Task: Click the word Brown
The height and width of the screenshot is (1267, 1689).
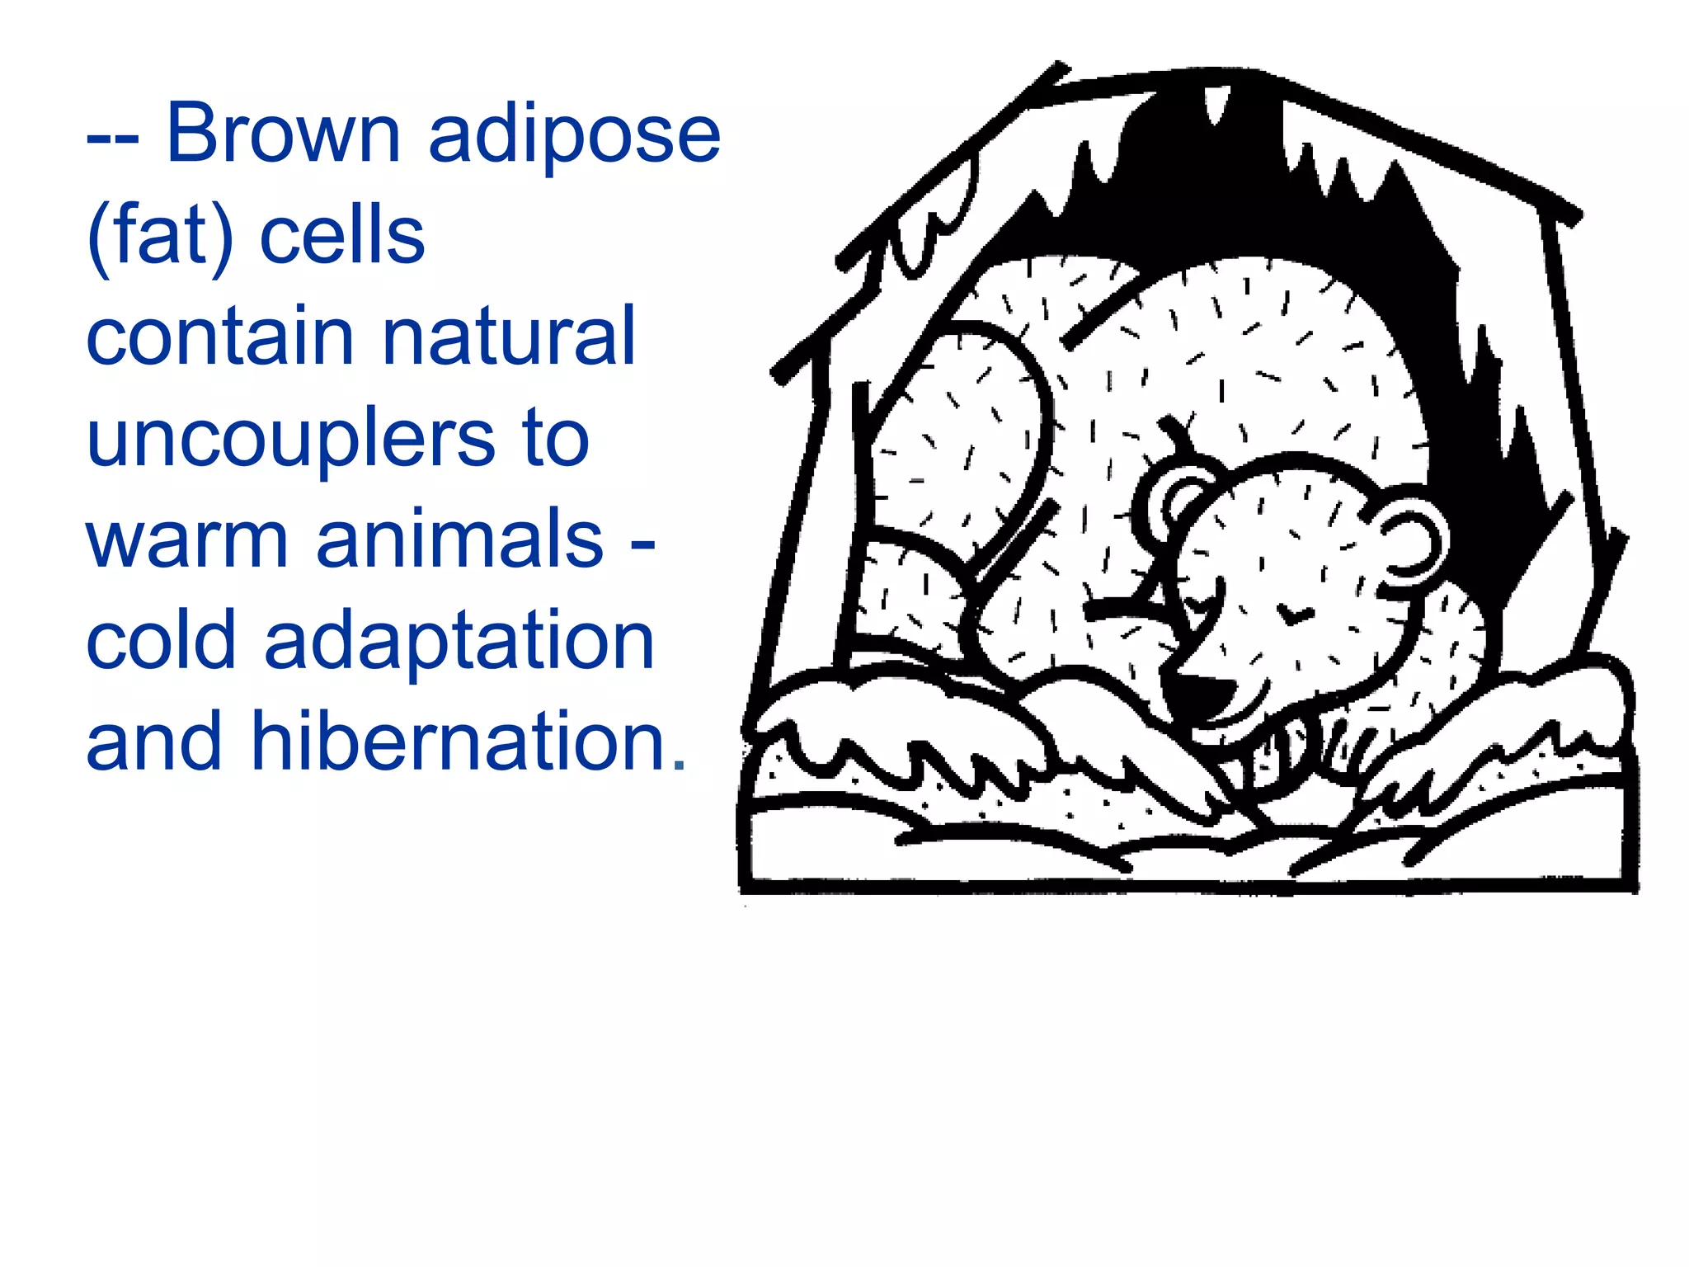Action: [x=283, y=134]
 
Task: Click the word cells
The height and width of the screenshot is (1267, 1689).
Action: [x=342, y=236]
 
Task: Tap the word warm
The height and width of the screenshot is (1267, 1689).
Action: [x=187, y=540]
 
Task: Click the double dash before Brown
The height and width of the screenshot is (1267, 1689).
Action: [x=112, y=140]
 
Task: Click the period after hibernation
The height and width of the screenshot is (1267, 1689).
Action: [x=679, y=764]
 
